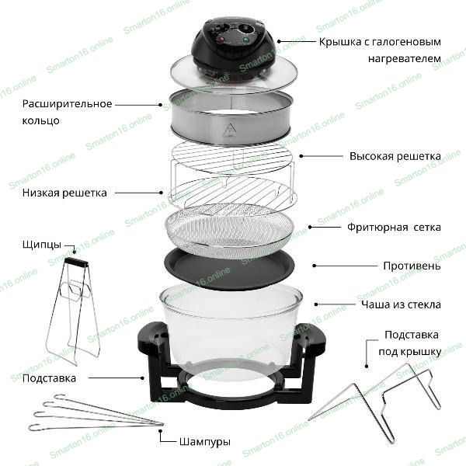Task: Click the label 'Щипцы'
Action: (x=42, y=245)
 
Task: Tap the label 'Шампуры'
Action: (x=205, y=442)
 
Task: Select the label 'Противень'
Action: (x=412, y=266)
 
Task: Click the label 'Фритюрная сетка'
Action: (x=394, y=228)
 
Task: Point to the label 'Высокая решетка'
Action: (x=395, y=156)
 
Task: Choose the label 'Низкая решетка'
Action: (x=64, y=193)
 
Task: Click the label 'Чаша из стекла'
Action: (x=401, y=304)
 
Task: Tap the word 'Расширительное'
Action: (x=67, y=104)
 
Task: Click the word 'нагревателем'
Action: (x=405, y=58)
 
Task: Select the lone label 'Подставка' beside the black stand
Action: (x=49, y=378)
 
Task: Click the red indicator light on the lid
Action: (x=221, y=40)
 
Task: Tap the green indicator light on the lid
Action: (x=245, y=40)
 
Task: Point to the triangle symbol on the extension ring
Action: (x=229, y=130)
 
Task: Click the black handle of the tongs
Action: (x=77, y=262)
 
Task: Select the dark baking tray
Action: (x=229, y=269)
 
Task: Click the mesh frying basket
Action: (x=229, y=231)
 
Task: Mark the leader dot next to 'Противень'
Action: (x=315, y=266)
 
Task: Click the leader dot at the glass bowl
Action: (x=316, y=304)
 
